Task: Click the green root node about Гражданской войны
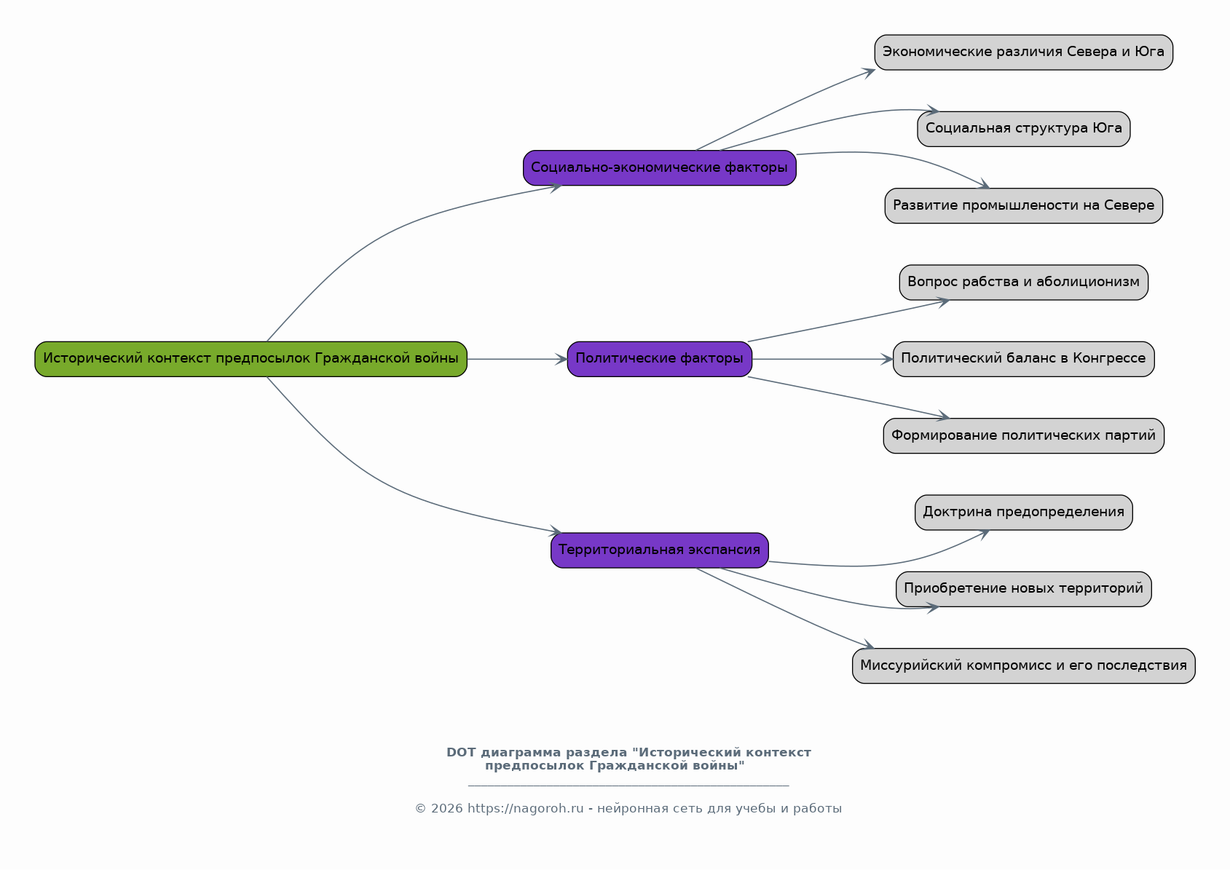coord(251,359)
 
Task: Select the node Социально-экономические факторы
coord(660,168)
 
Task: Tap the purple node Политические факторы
coord(660,359)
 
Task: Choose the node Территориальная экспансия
coord(660,550)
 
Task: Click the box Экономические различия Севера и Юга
coord(1023,52)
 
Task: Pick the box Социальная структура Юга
coord(1023,129)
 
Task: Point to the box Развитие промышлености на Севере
coord(1023,206)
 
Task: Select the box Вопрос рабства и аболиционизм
coord(1023,282)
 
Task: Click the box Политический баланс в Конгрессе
coord(1023,359)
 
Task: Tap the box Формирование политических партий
coord(1023,436)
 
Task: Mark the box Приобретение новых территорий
coord(1023,589)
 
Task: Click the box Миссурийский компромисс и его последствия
coord(1023,666)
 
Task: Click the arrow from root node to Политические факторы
coord(517,359)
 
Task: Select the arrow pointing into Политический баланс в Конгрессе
coord(823,359)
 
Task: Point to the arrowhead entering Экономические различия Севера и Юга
coord(869,73)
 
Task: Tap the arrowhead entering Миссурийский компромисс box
coord(867,644)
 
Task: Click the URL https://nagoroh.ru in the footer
coord(526,809)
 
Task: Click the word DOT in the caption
coord(461,753)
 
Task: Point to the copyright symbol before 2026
coord(421,809)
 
